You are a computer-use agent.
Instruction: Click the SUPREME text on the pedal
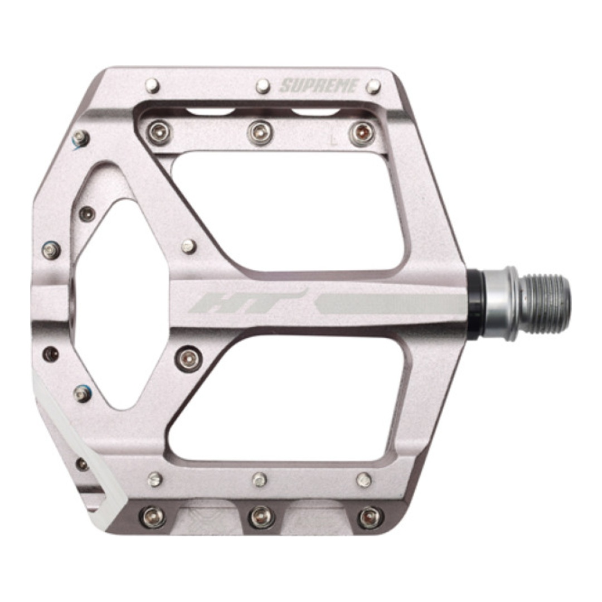319,86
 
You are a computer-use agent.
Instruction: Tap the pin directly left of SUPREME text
263,86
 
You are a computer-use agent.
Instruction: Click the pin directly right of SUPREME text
373,86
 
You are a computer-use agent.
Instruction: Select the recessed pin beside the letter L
362,133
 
